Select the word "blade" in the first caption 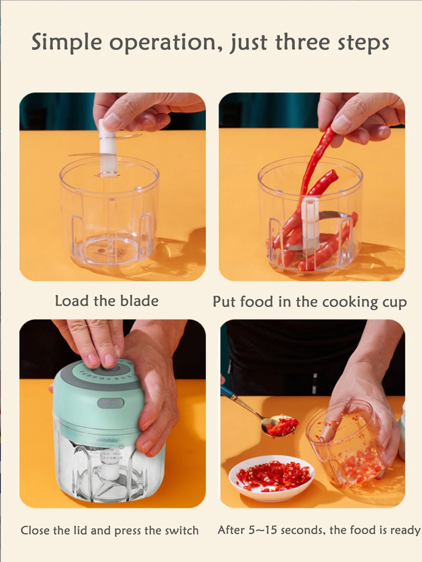[x=139, y=301]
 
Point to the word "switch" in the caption [x=182, y=531]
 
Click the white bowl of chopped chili [x=271, y=478]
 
